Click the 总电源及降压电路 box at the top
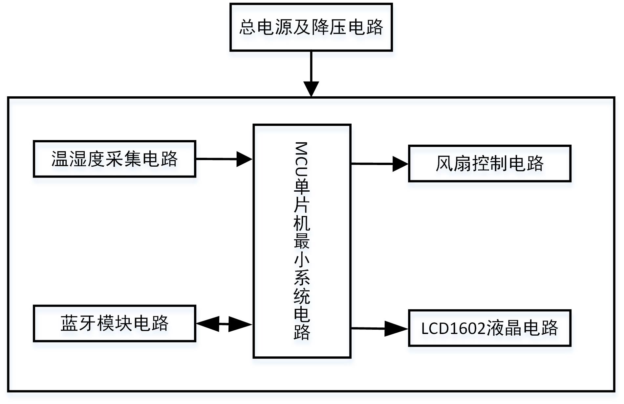point(311,27)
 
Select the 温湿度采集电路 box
point(115,159)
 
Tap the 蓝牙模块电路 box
point(115,323)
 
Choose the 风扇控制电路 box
point(489,163)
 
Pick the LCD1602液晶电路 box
point(489,328)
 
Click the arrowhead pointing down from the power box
point(311,88)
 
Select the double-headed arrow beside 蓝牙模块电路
point(224,324)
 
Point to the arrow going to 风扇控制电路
point(379,164)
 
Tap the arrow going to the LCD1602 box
point(379,328)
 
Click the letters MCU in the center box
point(301,159)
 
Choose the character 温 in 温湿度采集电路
point(60,159)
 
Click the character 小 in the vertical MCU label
point(301,260)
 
